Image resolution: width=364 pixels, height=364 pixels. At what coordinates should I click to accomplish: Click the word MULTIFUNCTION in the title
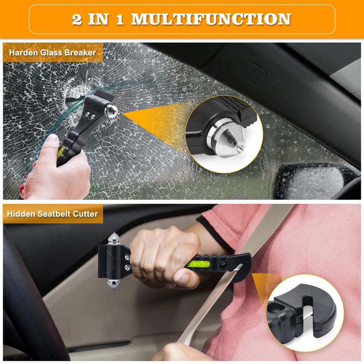coord(211,19)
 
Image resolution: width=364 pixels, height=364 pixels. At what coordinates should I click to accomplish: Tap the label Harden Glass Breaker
coord(52,52)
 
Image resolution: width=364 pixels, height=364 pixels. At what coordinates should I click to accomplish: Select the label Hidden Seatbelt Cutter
coord(52,214)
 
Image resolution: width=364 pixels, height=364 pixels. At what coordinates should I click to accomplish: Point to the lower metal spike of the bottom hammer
coord(114,283)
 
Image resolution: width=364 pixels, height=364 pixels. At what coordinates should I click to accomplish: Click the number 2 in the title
coord(76,19)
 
